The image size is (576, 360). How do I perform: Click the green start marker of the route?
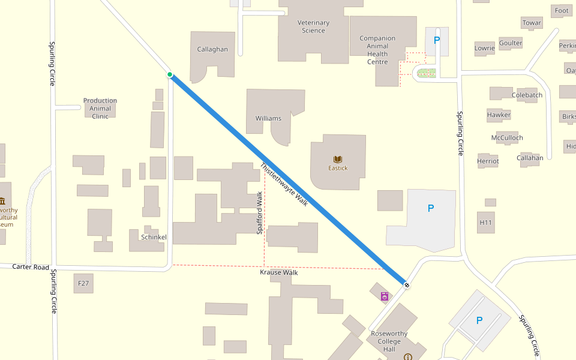pyautogui.click(x=170, y=75)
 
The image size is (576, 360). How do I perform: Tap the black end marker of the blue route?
pyautogui.click(x=407, y=284)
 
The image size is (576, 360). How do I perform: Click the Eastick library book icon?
pyautogui.click(x=338, y=159)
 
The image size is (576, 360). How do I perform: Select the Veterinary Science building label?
pyautogui.click(x=313, y=26)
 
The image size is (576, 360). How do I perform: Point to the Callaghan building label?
pyautogui.click(x=212, y=49)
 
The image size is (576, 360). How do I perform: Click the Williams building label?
pyautogui.click(x=268, y=118)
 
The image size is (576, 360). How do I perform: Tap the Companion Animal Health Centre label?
pyautogui.click(x=377, y=50)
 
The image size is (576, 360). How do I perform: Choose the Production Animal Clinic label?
pyautogui.click(x=100, y=109)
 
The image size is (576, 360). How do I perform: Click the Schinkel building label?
pyautogui.click(x=154, y=237)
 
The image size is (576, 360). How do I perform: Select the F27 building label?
pyautogui.click(x=83, y=283)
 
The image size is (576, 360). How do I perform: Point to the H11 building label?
pyautogui.click(x=485, y=223)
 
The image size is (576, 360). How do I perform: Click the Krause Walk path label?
pyautogui.click(x=278, y=272)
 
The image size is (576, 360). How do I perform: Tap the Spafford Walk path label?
pyautogui.click(x=260, y=213)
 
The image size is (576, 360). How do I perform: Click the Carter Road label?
pyautogui.click(x=31, y=266)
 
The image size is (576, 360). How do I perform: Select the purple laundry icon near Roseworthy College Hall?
pyautogui.click(x=384, y=296)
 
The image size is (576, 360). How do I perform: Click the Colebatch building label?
pyautogui.click(x=527, y=95)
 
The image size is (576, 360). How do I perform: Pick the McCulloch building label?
pyautogui.click(x=507, y=137)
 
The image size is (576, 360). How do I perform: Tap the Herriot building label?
pyautogui.click(x=488, y=161)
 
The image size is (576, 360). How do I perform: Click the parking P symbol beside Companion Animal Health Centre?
pyautogui.click(x=437, y=40)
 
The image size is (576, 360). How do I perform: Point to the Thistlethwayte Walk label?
pyautogui.click(x=284, y=185)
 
